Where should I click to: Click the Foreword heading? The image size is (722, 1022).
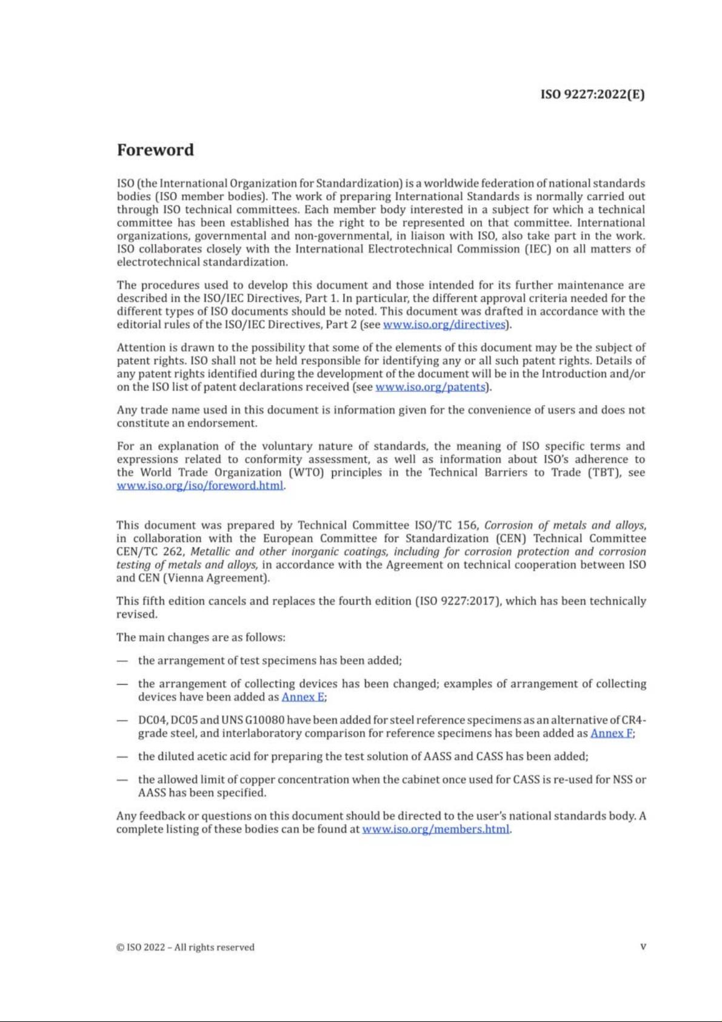point(155,150)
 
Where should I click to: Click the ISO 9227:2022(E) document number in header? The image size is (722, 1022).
point(592,95)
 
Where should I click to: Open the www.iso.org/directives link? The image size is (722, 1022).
point(444,324)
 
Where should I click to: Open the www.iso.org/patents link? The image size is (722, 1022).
point(430,387)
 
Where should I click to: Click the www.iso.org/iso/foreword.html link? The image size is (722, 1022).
point(200,486)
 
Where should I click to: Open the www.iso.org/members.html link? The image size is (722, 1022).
point(436,829)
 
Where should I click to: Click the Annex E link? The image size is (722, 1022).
point(303,697)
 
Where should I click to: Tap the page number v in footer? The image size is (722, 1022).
point(643,947)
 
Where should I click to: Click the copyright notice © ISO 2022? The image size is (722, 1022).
point(186,947)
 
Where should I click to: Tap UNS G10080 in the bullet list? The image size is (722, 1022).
point(253,720)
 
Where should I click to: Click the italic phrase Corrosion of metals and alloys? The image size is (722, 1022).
point(564,525)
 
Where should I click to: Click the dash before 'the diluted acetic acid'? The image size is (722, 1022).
point(122,756)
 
